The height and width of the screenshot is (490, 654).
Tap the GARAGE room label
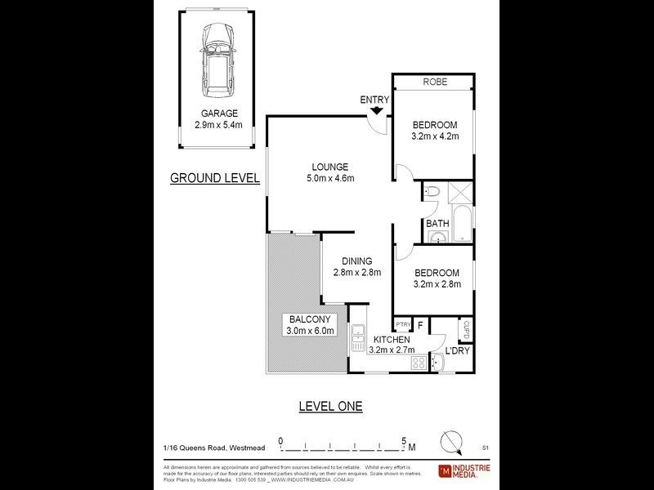[220, 114]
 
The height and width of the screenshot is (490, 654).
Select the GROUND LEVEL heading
[214, 177]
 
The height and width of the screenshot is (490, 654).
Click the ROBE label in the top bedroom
[433, 82]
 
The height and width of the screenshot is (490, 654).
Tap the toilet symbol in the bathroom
[433, 192]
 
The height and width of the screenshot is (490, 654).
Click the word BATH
[436, 223]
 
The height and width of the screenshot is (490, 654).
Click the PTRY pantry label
[403, 324]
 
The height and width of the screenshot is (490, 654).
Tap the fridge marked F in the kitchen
[420, 324]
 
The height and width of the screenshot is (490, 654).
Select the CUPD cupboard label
[465, 327]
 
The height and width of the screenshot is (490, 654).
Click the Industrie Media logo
[464, 470]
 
